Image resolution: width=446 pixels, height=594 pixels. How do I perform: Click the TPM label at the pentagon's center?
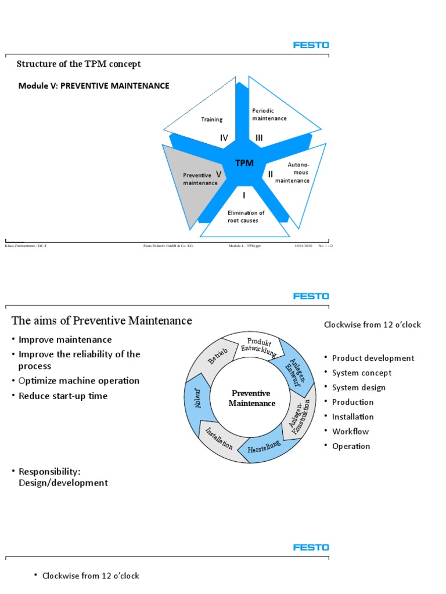click(244, 163)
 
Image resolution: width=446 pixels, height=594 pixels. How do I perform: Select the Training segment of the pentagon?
click(211, 119)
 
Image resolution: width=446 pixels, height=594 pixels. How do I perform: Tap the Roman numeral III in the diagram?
click(258, 138)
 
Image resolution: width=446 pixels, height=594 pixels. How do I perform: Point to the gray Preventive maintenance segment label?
click(200, 179)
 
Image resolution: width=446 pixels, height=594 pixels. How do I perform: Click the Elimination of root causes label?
click(246, 216)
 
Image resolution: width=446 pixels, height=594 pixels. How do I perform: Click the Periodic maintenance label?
click(269, 114)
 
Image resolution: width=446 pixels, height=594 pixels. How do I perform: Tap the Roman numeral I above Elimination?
click(244, 196)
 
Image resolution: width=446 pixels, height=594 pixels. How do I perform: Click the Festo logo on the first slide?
click(311, 45)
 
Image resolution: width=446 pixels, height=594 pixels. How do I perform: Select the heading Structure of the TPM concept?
click(78, 64)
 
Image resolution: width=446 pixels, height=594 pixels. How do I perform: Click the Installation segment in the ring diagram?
click(219, 439)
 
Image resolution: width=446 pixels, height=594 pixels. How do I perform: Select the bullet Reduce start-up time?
click(63, 396)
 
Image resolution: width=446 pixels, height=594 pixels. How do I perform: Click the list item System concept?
click(361, 373)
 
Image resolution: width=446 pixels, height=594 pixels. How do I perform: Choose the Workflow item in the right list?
click(350, 431)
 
